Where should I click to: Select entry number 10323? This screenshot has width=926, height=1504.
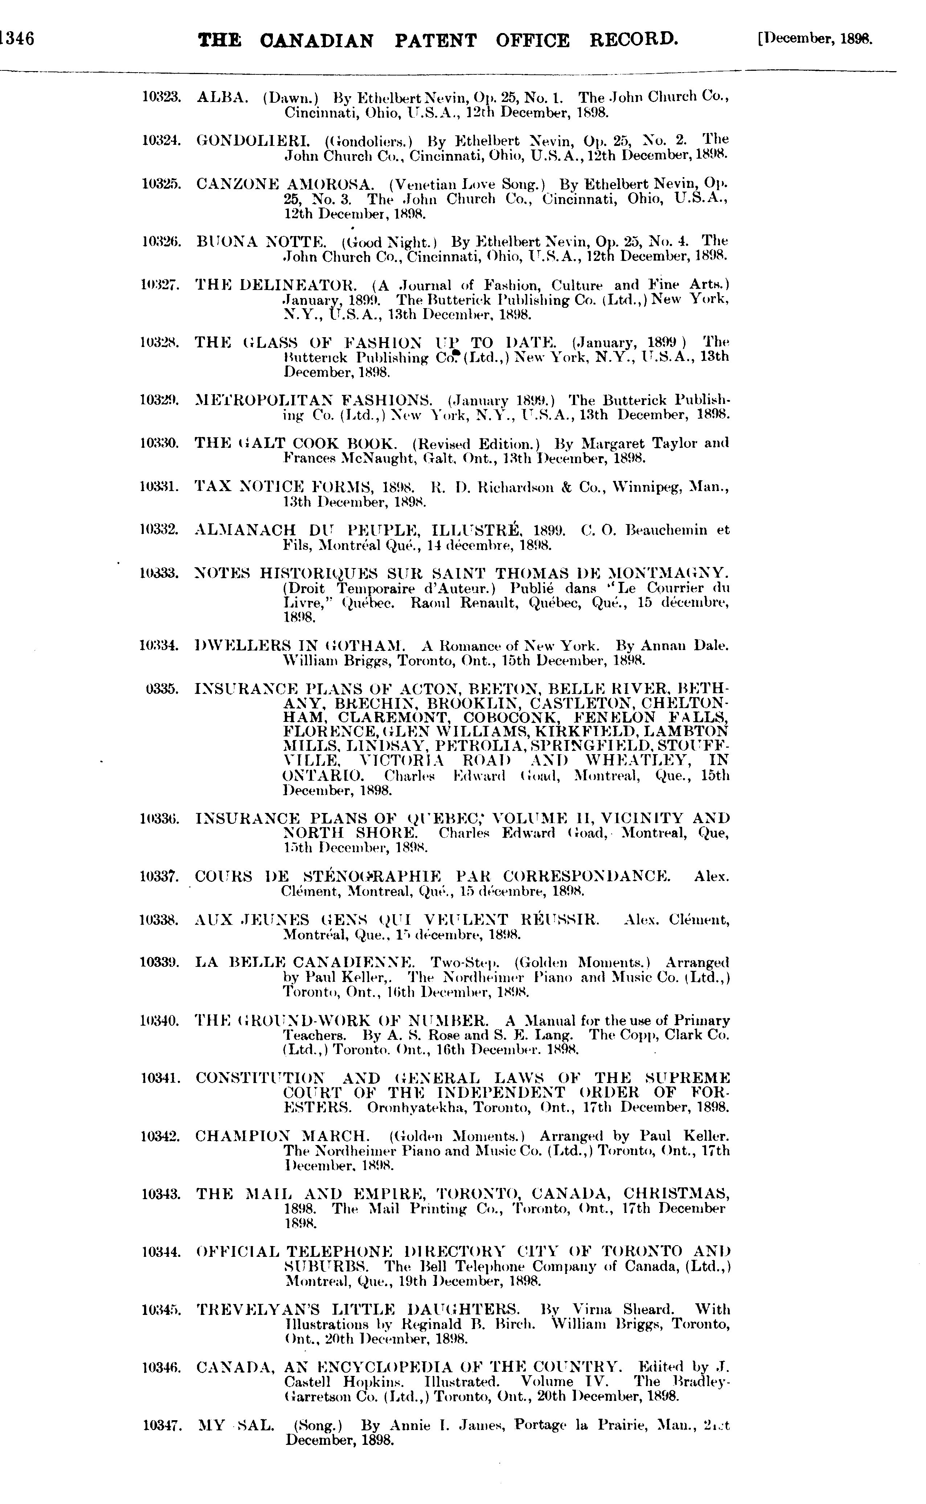161,97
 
